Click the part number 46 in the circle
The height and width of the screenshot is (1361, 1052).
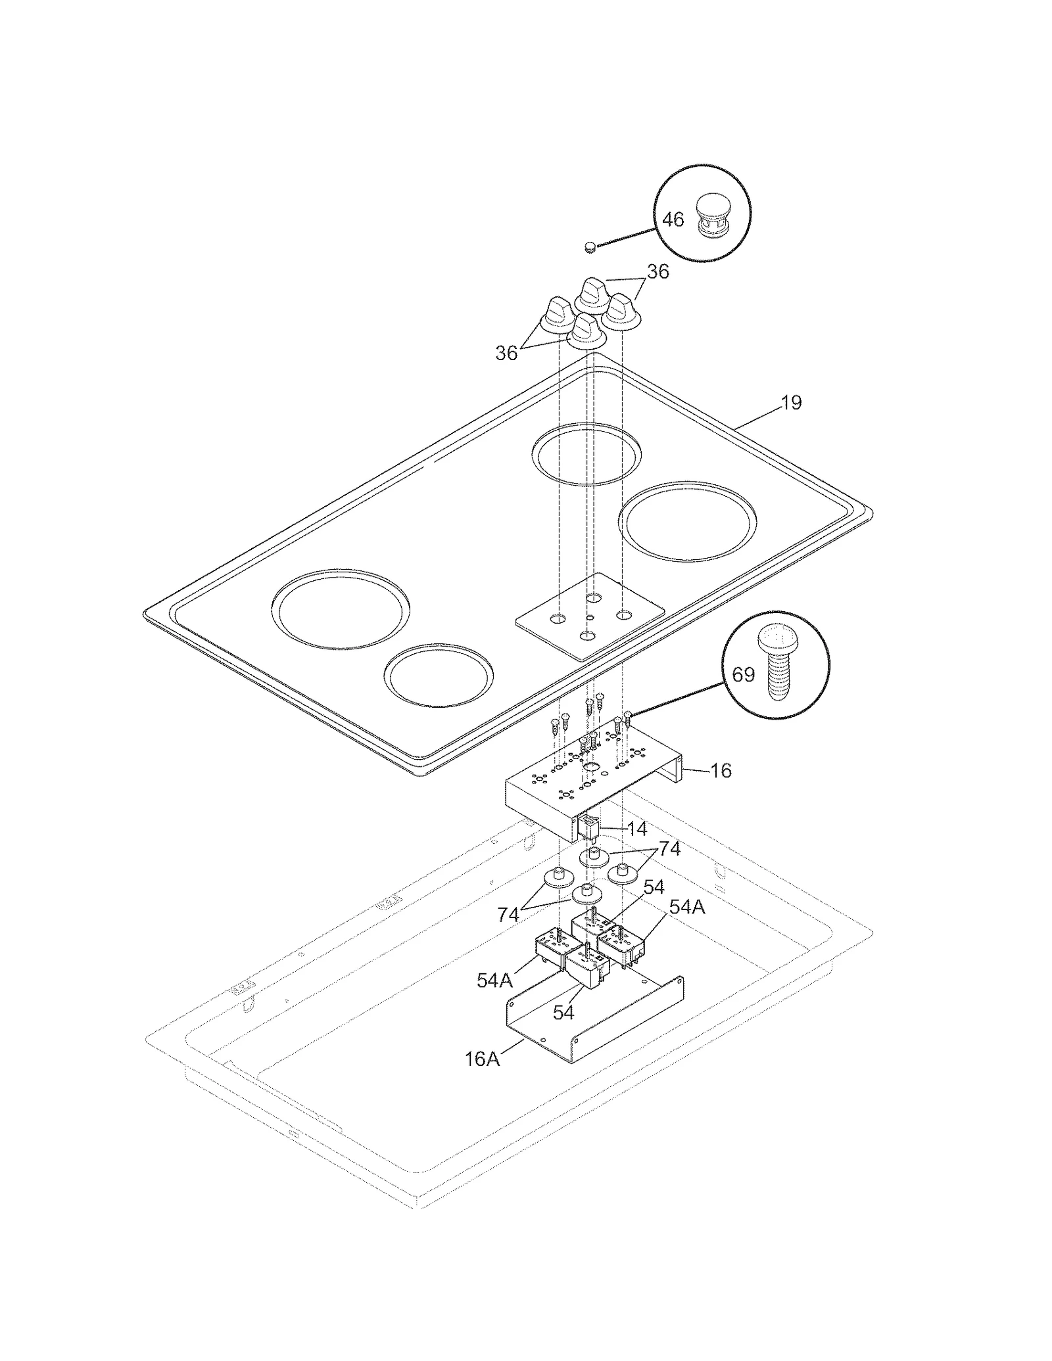(672, 219)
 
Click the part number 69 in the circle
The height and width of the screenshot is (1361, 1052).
(743, 675)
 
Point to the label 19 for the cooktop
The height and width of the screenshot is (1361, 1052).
(791, 403)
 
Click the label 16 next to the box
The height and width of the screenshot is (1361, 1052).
(721, 770)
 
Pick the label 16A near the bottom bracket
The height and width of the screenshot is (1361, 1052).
(482, 1059)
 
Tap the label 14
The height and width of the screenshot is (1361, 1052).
(636, 829)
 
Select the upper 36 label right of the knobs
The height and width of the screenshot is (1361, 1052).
(657, 272)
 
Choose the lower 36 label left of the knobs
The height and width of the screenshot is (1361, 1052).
(506, 354)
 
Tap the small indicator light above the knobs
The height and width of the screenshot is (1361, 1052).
(590, 247)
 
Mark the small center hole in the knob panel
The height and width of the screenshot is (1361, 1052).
(590, 617)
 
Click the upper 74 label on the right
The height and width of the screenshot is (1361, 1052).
(669, 849)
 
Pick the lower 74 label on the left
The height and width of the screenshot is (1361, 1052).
(508, 915)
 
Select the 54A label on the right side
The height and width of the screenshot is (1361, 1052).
(686, 908)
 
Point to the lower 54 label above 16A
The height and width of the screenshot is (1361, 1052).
(563, 1013)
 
